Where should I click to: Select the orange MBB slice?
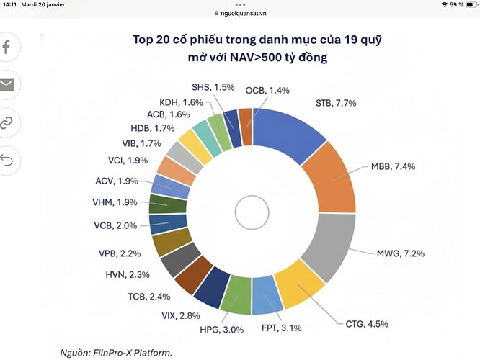click(328, 180)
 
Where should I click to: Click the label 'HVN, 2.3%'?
click(127, 274)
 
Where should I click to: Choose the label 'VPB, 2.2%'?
click(120, 253)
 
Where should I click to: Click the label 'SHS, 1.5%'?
click(213, 88)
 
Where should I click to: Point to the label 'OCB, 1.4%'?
click(268, 90)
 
